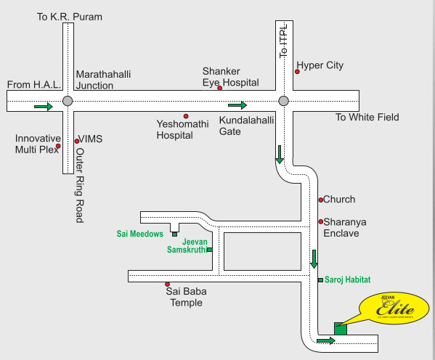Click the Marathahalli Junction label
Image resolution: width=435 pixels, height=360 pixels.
pos(105,79)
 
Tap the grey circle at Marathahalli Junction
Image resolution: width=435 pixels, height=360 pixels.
pos(67,101)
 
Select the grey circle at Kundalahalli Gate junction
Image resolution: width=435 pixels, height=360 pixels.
pos(283,101)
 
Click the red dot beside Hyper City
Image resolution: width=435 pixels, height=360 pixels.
pos(298,72)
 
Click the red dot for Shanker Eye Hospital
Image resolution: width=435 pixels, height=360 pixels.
pos(219,89)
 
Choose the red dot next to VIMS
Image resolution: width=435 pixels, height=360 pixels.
pos(76,140)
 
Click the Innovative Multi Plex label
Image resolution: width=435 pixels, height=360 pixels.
pos(38,144)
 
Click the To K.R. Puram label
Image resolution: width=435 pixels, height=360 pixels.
pos(69,16)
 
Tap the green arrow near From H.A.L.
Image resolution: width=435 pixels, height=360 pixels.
pos(44,107)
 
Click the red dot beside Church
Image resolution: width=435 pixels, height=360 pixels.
pos(320,200)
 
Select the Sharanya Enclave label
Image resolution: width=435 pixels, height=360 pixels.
pos(341,227)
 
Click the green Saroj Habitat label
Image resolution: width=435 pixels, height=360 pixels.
pos(348,279)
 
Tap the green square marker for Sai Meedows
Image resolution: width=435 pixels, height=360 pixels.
pos(174,234)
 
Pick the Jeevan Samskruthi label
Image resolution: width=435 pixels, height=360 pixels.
pos(187,245)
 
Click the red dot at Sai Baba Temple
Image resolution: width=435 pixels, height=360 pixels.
pos(167,285)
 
